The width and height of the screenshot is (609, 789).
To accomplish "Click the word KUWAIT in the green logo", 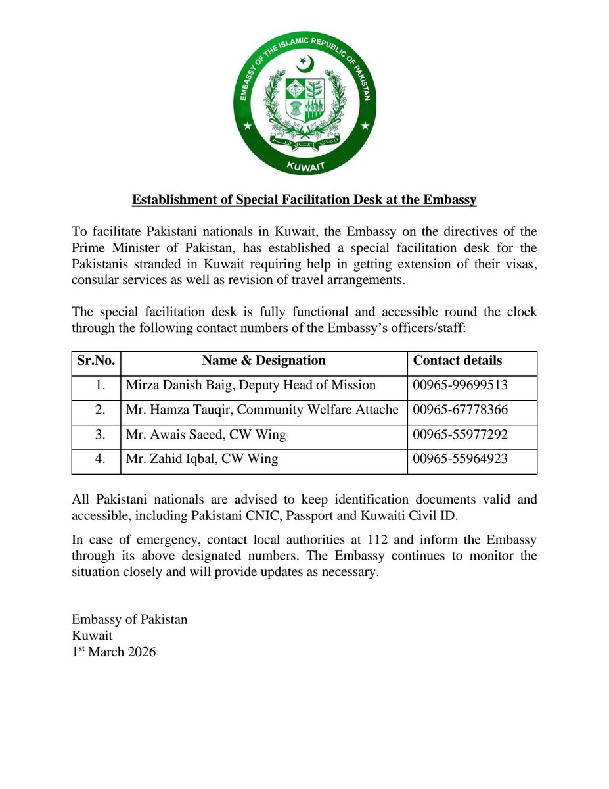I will [x=304, y=168].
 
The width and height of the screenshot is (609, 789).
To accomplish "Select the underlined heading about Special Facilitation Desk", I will [x=304, y=199].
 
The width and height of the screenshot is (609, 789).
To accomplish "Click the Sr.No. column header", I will [x=97, y=360].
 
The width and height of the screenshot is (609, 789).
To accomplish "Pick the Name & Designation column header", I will [x=263, y=360].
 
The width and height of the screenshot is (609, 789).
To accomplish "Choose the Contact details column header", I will [x=457, y=360].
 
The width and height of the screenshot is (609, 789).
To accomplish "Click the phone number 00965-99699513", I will [x=460, y=385].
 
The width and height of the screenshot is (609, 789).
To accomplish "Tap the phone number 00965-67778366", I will [x=460, y=410].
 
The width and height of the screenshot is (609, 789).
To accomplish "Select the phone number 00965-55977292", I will [x=460, y=435].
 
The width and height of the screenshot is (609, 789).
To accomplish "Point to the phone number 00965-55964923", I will [x=460, y=459].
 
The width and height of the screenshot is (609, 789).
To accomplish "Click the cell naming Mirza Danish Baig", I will [x=251, y=385].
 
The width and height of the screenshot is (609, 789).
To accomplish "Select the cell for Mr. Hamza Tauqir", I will [x=262, y=410].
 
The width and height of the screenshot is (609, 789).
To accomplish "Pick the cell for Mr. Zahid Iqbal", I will [x=202, y=459].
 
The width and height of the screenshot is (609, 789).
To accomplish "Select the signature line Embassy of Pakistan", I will [x=129, y=619].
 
